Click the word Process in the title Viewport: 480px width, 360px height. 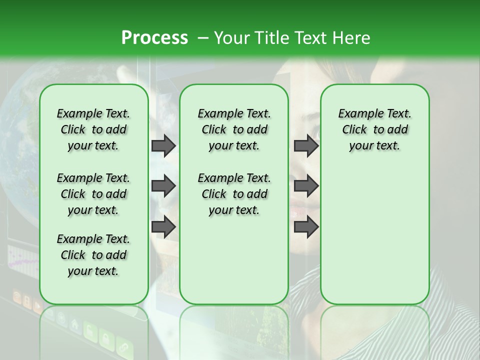pyautogui.click(x=154, y=37)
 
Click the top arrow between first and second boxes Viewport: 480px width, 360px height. pyautogui.click(x=163, y=145)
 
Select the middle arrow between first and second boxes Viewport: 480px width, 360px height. pyautogui.click(x=163, y=186)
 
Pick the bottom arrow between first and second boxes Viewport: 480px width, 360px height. pyautogui.click(x=163, y=227)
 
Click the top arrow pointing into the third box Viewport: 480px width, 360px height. pyautogui.click(x=306, y=145)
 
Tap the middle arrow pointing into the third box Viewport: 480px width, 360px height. pyautogui.click(x=306, y=186)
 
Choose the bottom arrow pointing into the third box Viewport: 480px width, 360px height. pyautogui.click(x=306, y=227)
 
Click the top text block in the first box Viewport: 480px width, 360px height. pyautogui.click(x=93, y=129)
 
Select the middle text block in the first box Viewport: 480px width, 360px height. pyautogui.click(x=93, y=194)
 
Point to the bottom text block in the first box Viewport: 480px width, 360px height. pyautogui.click(x=93, y=255)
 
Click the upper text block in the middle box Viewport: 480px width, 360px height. pyautogui.click(x=234, y=129)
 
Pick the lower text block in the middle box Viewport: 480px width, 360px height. pyautogui.click(x=234, y=194)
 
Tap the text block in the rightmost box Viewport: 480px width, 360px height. pyautogui.click(x=375, y=129)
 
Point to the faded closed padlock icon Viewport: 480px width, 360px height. pyautogui.click(x=106, y=339)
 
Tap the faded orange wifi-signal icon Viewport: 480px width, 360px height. pyautogui.click(x=16, y=298)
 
